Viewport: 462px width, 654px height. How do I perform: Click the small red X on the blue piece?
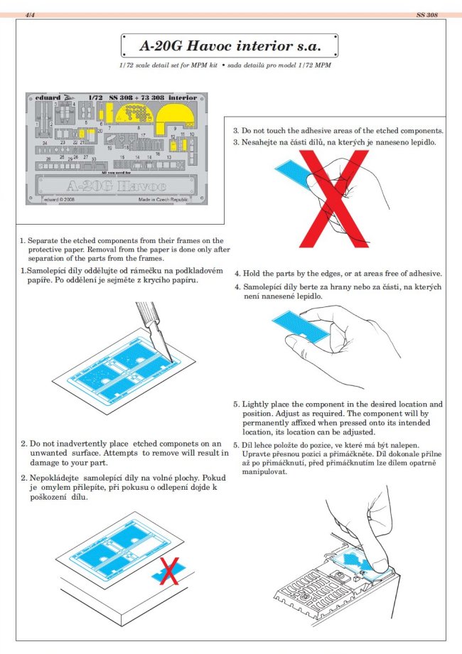pyautogui.click(x=168, y=569)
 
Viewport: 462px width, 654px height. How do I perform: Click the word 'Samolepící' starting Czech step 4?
pyautogui.click(x=267, y=286)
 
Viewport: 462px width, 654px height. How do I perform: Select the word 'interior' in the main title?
pyautogui.click(x=280, y=48)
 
